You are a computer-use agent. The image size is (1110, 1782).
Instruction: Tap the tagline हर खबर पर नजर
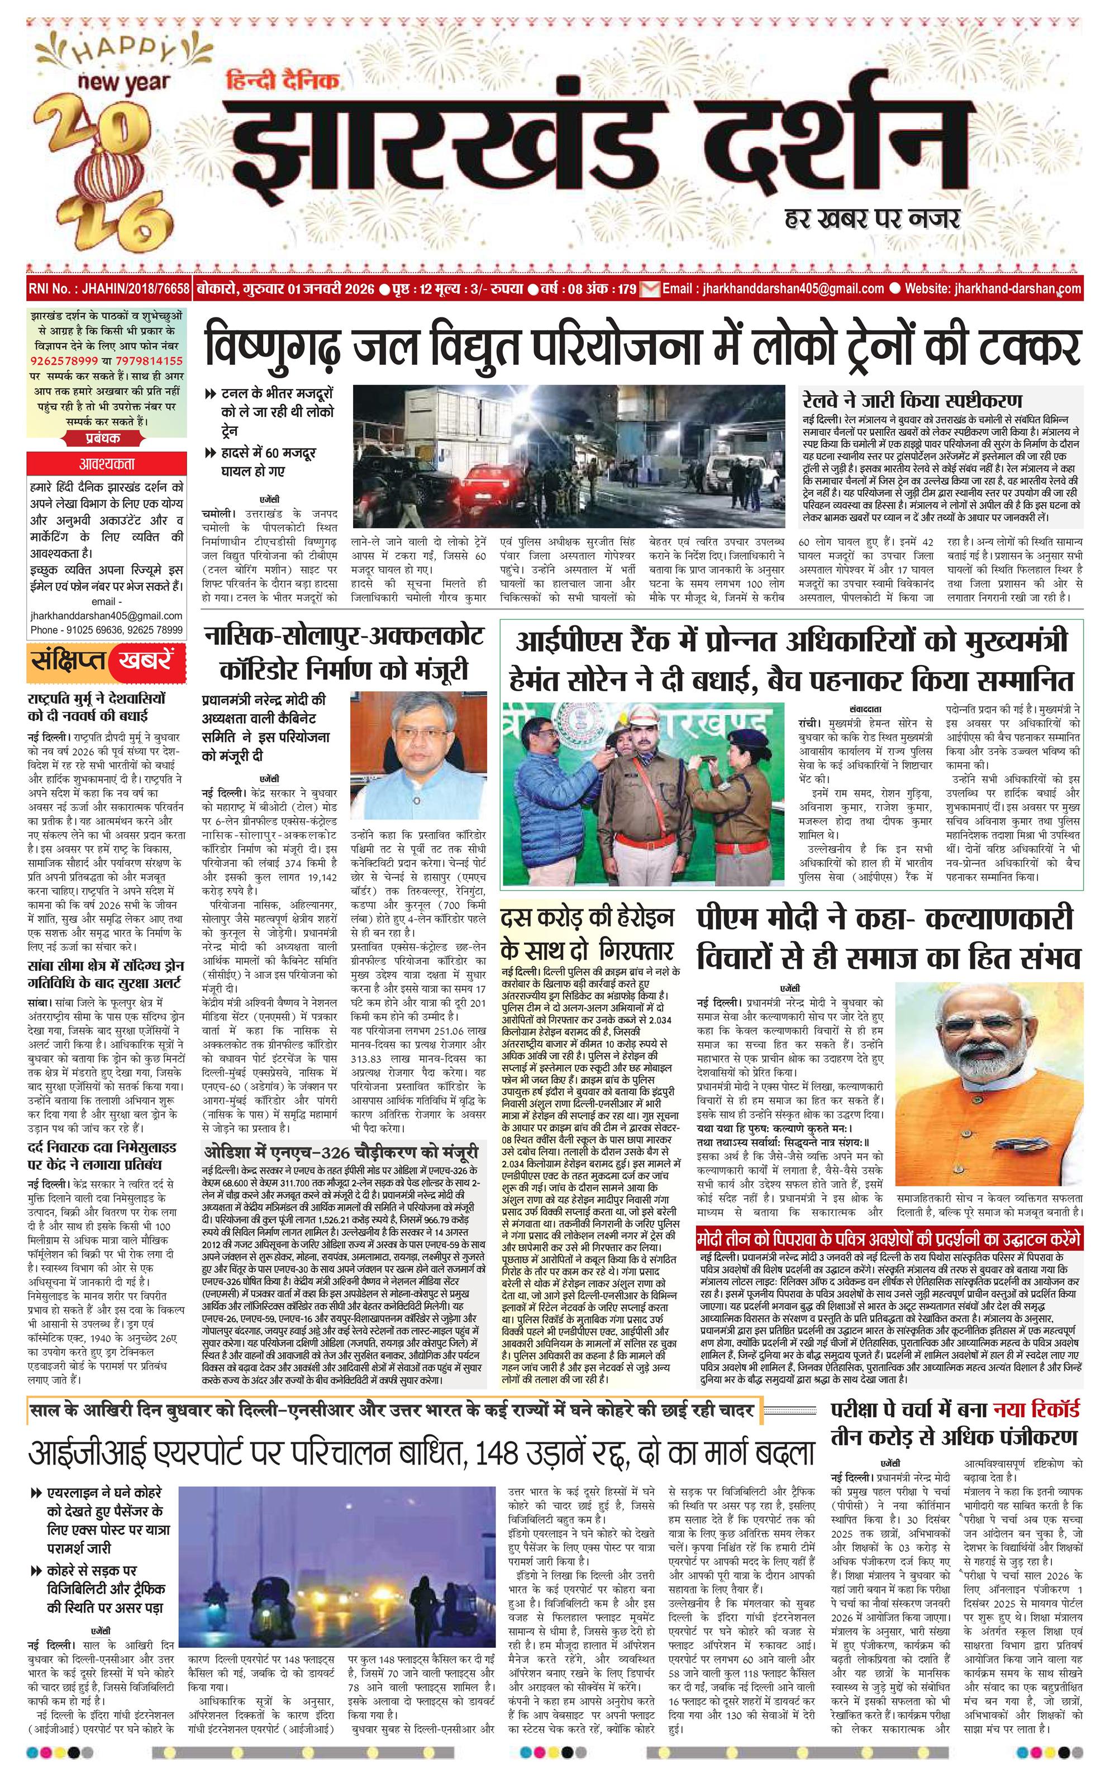pos(872,217)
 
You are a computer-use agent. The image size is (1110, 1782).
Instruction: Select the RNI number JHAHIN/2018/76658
pos(108,288)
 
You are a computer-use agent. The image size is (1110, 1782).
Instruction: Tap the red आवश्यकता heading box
pos(107,464)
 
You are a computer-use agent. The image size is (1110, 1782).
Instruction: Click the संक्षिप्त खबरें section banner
pos(103,661)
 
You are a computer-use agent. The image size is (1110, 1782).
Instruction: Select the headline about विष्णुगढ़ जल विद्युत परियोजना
pos(642,346)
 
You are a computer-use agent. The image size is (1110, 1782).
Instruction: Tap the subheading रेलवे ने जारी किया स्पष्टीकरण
pos(912,402)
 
